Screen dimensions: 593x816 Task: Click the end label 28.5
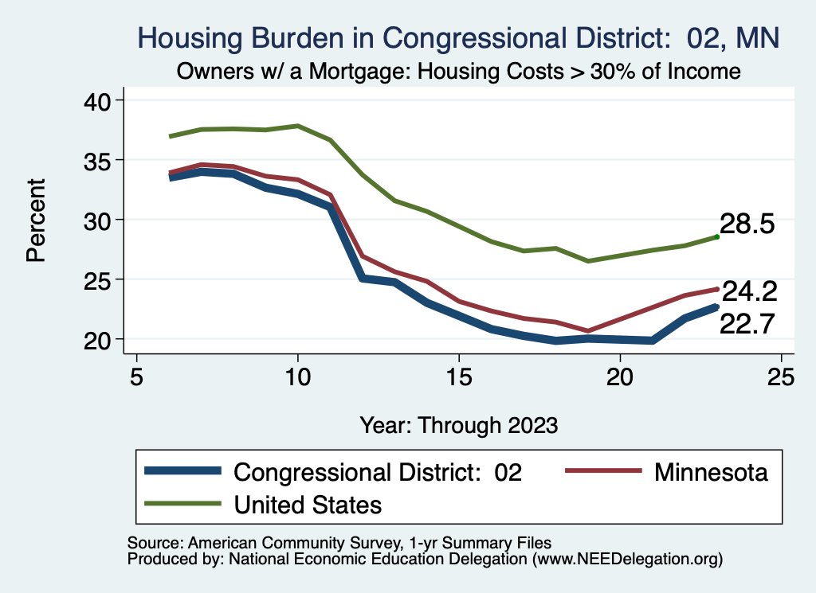pyautogui.click(x=747, y=224)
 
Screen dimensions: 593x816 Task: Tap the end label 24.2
pyautogui.click(x=748, y=291)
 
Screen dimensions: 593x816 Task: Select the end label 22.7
pyautogui.click(x=747, y=323)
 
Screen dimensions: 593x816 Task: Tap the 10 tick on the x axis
pyautogui.click(x=298, y=376)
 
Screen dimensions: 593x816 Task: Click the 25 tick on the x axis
pyautogui.click(x=781, y=376)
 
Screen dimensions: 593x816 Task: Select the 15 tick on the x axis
pyautogui.click(x=459, y=376)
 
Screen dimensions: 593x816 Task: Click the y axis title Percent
pyautogui.click(x=37, y=220)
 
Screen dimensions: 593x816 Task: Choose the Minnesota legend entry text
pyautogui.click(x=711, y=472)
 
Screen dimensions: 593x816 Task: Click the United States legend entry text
pyautogui.click(x=308, y=504)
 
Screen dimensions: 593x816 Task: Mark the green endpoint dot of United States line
pyautogui.click(x=717, y=236)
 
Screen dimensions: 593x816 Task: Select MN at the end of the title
pyautogui.click(x=756, y=37)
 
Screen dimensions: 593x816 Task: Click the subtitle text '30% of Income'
pyautogui.click(x=668, y=72)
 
